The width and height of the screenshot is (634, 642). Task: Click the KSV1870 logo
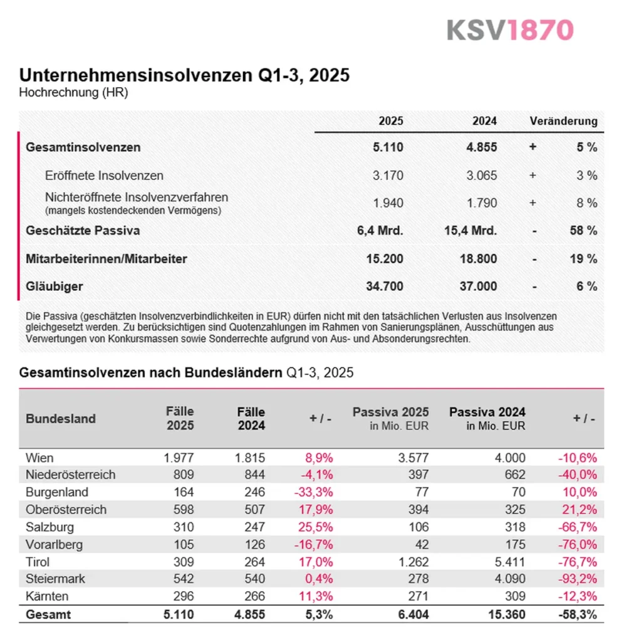(510, 29)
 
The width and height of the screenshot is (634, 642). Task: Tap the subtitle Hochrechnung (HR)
(74, 93)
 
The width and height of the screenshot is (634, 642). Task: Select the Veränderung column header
(563, 121)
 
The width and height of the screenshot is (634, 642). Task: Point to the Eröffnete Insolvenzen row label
(104, 176)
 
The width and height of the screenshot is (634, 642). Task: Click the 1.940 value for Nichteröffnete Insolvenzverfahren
(388, 203)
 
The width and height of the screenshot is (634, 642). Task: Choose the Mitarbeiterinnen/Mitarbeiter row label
(107, 258)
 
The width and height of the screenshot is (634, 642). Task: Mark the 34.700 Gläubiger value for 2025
(385, 287)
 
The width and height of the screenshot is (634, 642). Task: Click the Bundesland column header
(61, 419)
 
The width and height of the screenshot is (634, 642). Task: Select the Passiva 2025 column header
(390, 413)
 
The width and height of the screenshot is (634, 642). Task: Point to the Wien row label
(39, 458)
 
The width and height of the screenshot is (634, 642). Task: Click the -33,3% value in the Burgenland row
(313, 492)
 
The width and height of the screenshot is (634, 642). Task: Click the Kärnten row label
(48, 596)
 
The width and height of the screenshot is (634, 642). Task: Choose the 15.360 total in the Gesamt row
(507, 614)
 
